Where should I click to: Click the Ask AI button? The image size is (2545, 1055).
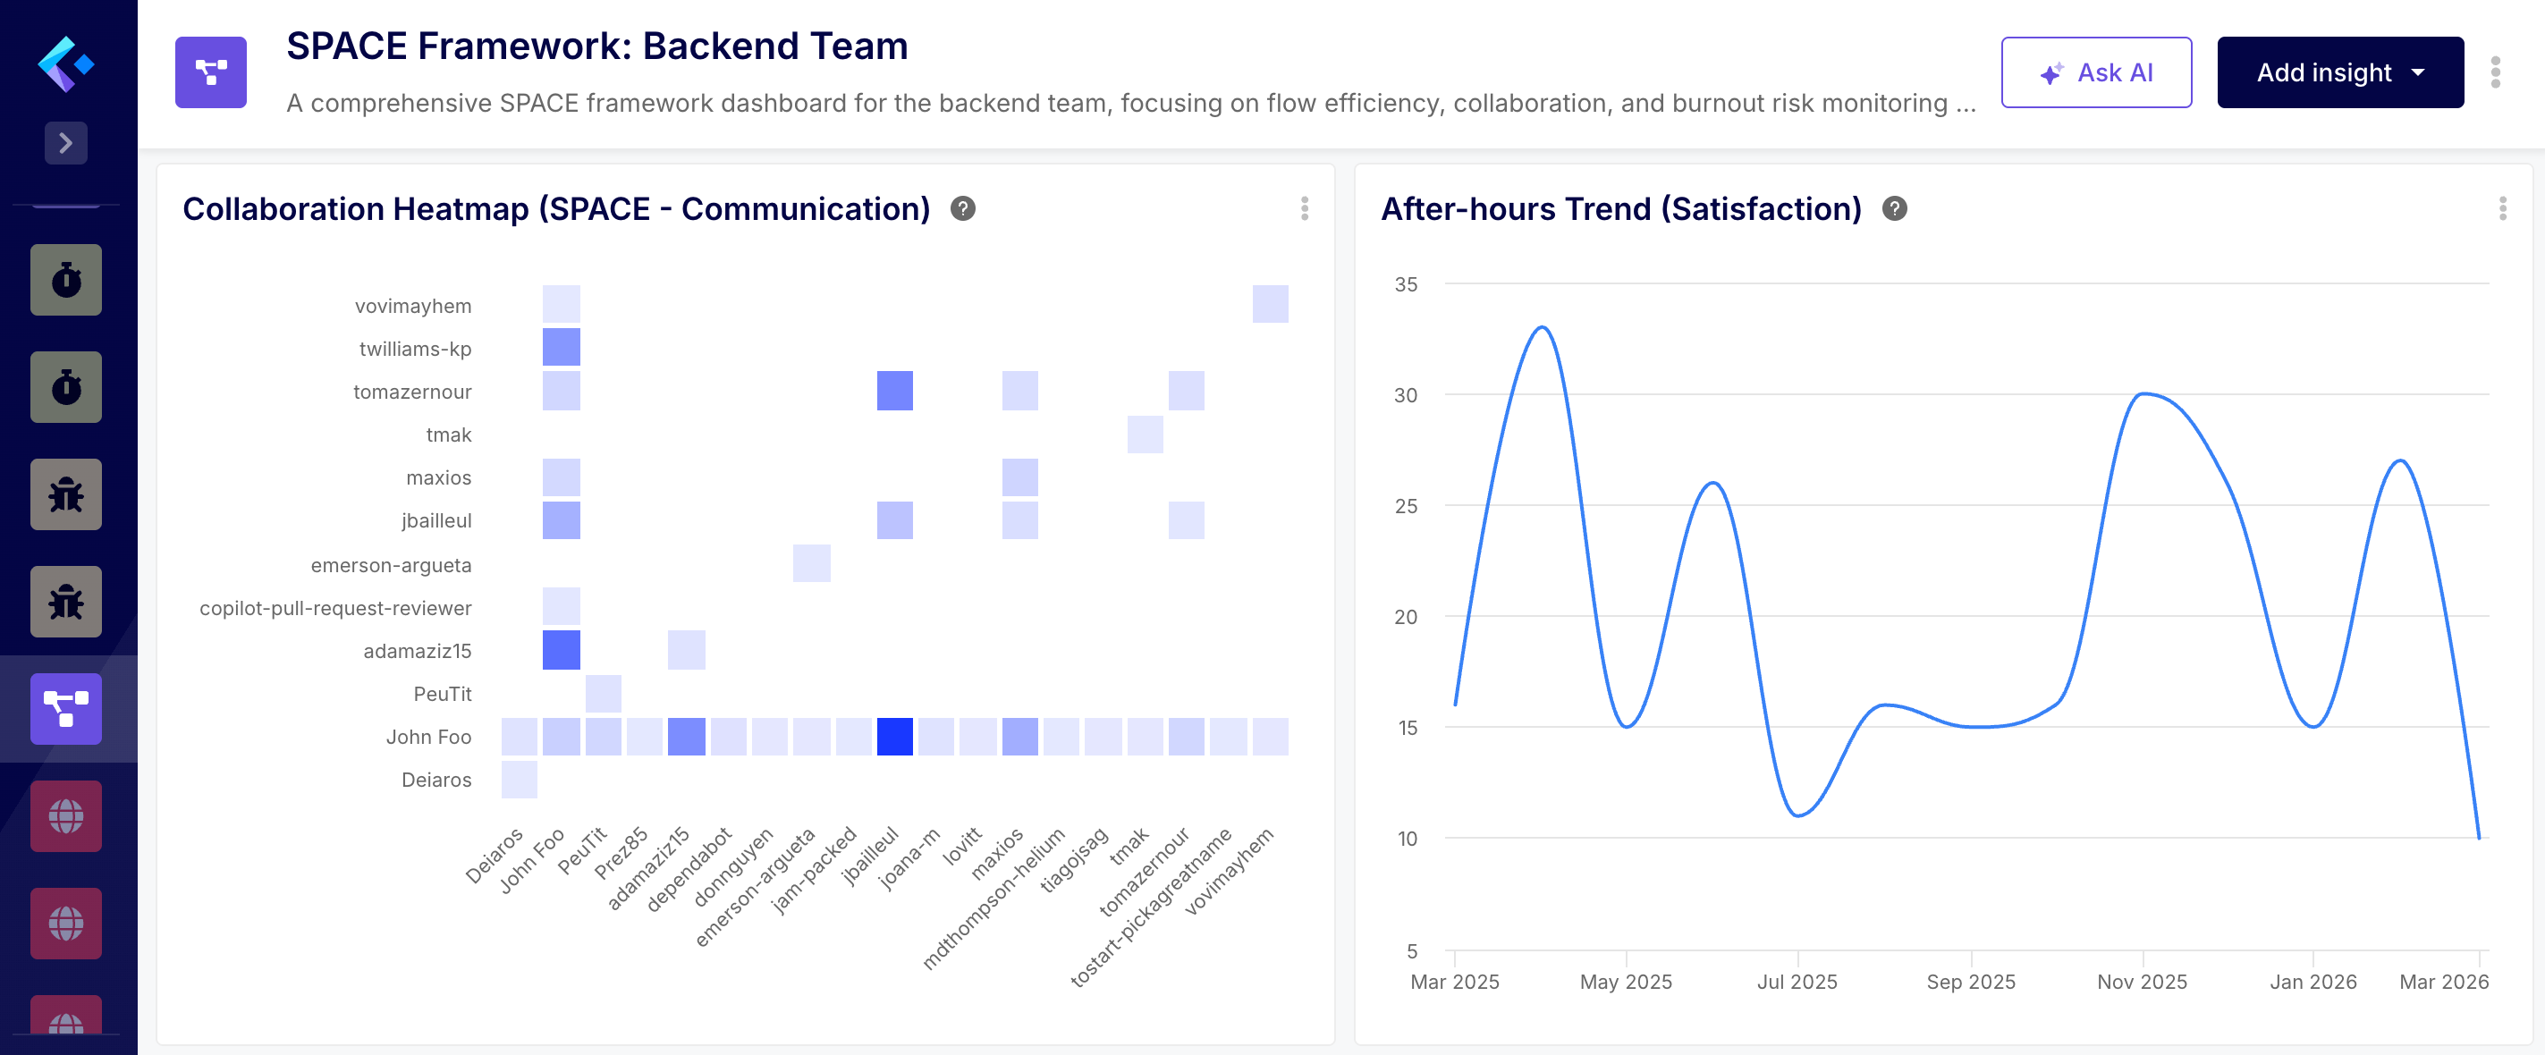click(2095, 72)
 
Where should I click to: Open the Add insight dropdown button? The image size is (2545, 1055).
click(2338, 72)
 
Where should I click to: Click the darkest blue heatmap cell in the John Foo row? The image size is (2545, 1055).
click(894, 736)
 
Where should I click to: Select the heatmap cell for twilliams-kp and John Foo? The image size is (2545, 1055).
click(562, 347)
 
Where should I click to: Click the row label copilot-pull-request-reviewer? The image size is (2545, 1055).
click(335, 607)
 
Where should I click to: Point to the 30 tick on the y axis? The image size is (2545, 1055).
click(1405, 395)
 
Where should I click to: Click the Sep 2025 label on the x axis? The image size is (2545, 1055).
click(1970, 981)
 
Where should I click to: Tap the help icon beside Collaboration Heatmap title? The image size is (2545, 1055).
click(962, 208)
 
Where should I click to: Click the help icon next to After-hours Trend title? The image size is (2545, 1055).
click(1894, 208)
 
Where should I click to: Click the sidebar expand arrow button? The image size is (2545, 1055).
click(65, 143)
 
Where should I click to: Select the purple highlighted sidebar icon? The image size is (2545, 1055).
click(65, 708)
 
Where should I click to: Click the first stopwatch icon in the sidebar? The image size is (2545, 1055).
click(65, 280)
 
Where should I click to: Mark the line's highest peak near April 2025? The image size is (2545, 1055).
click(1542, 327)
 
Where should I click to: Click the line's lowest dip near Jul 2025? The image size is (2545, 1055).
click(1798, 815)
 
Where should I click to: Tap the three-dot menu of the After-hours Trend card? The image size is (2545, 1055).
click(2501, 208)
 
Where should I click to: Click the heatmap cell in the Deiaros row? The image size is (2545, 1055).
click(519, 779)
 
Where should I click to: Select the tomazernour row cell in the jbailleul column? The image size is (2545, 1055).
click(894, 390)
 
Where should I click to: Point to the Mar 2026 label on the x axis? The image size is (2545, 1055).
click(2442, 981)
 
